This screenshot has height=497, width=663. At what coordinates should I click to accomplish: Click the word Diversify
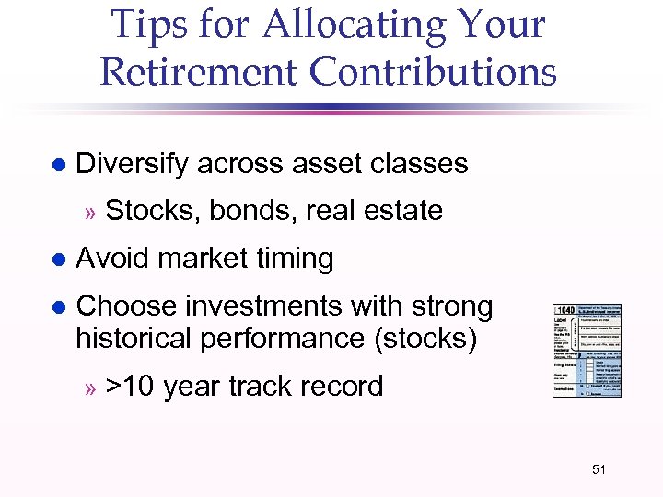point(133,164)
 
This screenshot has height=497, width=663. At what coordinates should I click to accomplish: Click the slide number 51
point(599,470)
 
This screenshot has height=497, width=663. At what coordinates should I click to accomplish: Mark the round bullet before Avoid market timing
point(57,260)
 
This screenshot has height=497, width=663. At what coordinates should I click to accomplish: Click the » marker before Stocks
point(90,212)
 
